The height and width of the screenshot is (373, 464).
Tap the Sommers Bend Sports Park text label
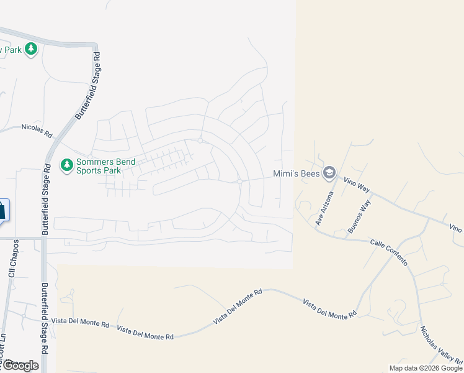point(98,166)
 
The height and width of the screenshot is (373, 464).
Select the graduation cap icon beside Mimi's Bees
point(330,173)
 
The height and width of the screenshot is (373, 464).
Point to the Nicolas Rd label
point(37,129)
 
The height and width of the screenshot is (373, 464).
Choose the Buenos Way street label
point(360,216)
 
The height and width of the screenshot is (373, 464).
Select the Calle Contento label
point(389,251)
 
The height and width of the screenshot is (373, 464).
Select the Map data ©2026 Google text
point(426,368)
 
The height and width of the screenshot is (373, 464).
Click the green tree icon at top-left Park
point(31,50)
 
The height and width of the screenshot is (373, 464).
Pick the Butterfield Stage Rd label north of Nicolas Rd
point(87,86)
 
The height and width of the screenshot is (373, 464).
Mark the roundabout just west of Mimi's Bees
point(239,182)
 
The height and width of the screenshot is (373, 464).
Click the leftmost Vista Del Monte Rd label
point(81,323)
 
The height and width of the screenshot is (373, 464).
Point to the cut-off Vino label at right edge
point(456,229)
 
